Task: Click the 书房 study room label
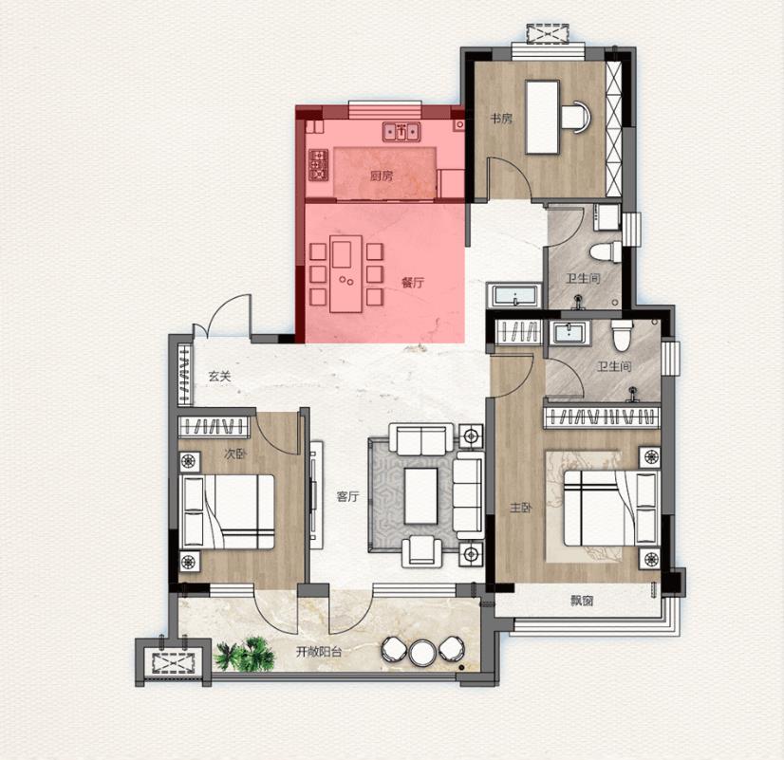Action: tap(500, 119)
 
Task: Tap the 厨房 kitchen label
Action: tap(382, 176)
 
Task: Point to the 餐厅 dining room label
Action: tap(413, 283)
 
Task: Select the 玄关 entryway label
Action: tap(220, 377)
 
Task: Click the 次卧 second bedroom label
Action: tap(235, 454)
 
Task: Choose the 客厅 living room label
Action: tap(348, 496)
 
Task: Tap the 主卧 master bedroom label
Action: tap(520, 509)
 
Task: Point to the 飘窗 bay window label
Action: tap(582, 601)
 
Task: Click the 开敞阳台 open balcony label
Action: tap(319, 652)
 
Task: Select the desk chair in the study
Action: tap(576, 118)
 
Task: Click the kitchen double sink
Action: tap(401, 132)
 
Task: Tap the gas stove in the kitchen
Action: tap(318, 165)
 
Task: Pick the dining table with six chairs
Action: tap(346, 276)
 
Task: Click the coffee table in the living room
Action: tap(420, 495)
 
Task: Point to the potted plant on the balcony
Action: tap(245, 654)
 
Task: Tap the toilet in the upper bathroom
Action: tap(605, 251)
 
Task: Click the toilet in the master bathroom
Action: tap(622, 335)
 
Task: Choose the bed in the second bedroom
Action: tap(227, 511)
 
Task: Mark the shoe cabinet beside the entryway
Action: tap(185, 374)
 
